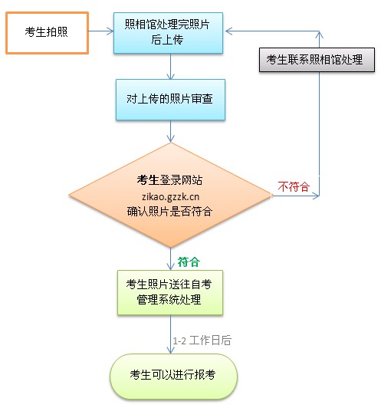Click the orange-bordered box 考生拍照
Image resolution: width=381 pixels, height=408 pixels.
47,32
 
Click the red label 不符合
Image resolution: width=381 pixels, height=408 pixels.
293,186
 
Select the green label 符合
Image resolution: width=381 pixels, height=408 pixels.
189,261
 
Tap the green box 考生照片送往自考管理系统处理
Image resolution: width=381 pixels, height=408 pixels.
169,292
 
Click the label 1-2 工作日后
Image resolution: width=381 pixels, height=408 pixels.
201,338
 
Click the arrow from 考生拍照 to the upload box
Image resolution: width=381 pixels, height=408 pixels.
100,32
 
